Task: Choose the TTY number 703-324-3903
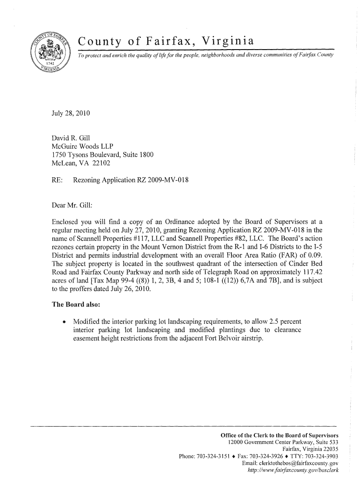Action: coord(321,457)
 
